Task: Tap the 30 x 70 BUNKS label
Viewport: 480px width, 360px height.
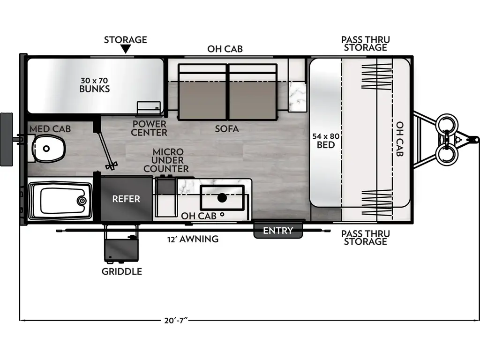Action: pos(94,84)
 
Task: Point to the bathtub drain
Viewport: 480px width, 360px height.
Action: pos(82,201)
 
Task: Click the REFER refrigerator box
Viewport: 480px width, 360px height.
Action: pos(126,199)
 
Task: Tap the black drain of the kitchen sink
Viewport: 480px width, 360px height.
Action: pos(222,198)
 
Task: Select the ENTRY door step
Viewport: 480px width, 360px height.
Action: pos(278,231)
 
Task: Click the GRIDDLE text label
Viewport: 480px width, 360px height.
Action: pos(122,271)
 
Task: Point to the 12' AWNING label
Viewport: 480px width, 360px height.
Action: pos(193,239)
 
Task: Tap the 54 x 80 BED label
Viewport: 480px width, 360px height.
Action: pos(326,140)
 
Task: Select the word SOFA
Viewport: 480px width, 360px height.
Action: pos(227,128)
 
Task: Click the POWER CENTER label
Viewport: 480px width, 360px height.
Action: pos(150,128)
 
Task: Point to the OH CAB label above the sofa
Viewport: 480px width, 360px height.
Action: pos(225,49)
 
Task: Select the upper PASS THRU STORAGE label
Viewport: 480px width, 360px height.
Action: pos(365,44)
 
